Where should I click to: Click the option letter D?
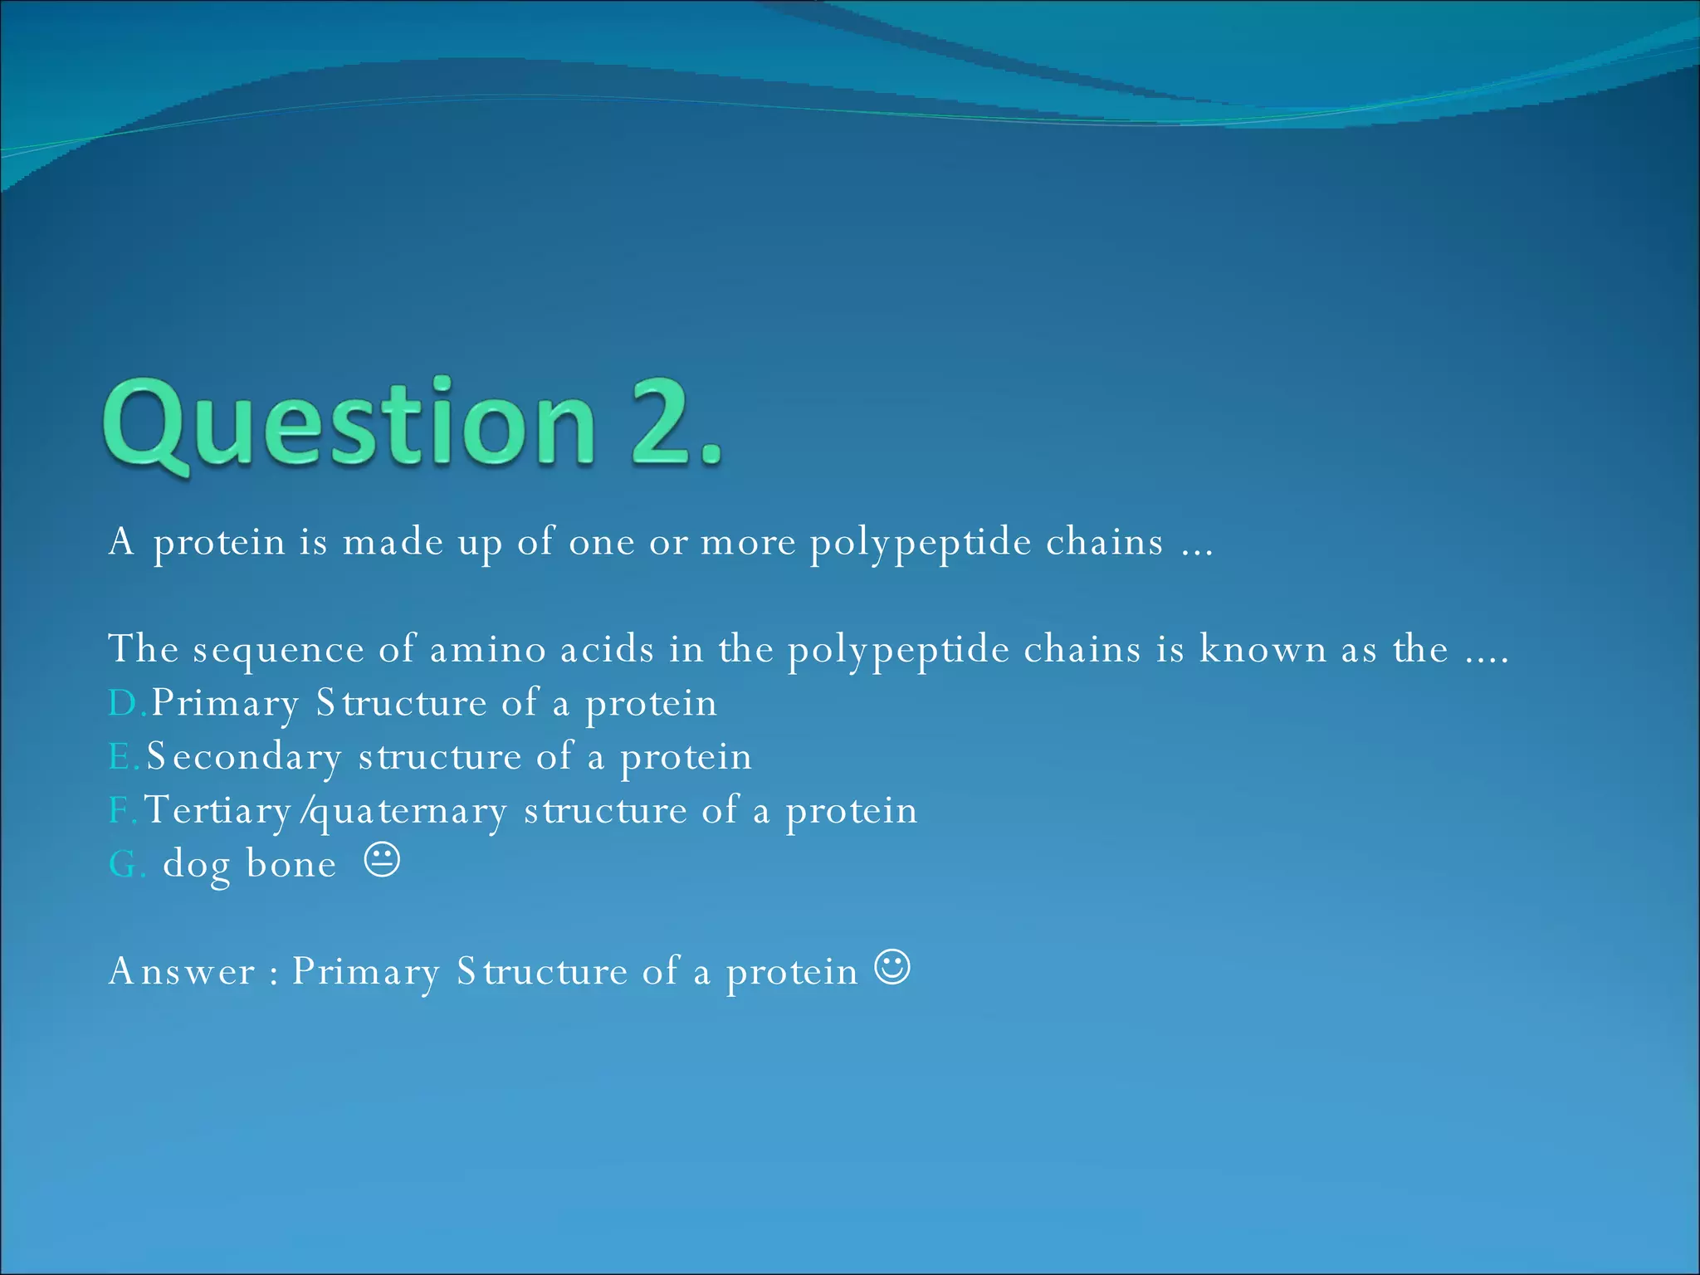coord(124,704)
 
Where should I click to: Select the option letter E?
coord(120,757)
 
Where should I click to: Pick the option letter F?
coord(118,810)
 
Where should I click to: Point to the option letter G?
coord(123,865)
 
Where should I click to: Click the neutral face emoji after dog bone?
coord(383,861)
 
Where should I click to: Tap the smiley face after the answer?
coord(892,968)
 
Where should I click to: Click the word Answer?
coord(182,971)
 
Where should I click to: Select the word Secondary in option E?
coord(244,757)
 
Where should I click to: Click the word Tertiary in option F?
coord(217,810)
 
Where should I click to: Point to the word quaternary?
coord(407,812)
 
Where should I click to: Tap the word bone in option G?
coord(291,864)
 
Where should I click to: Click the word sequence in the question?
coord(278,650)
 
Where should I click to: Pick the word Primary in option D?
coord(224,704)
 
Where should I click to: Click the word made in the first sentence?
coord(393,542)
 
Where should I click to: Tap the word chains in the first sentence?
coord(1104,542)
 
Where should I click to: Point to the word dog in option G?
coord(197,866)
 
